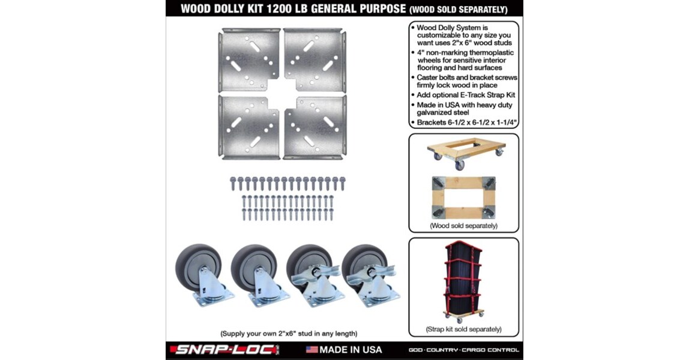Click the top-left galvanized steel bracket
pyautogui.click(x=248, y=59)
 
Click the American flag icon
pyautogui.click(x=311, y=349)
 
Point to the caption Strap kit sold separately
pyautogui.click(x=463, y=329)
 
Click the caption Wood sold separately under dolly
pyautogui.click(x=463, y=226)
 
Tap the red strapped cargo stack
pyautogui.click(x=464, y=281)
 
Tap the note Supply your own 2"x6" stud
pyautogui.click(x=289, y=333)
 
